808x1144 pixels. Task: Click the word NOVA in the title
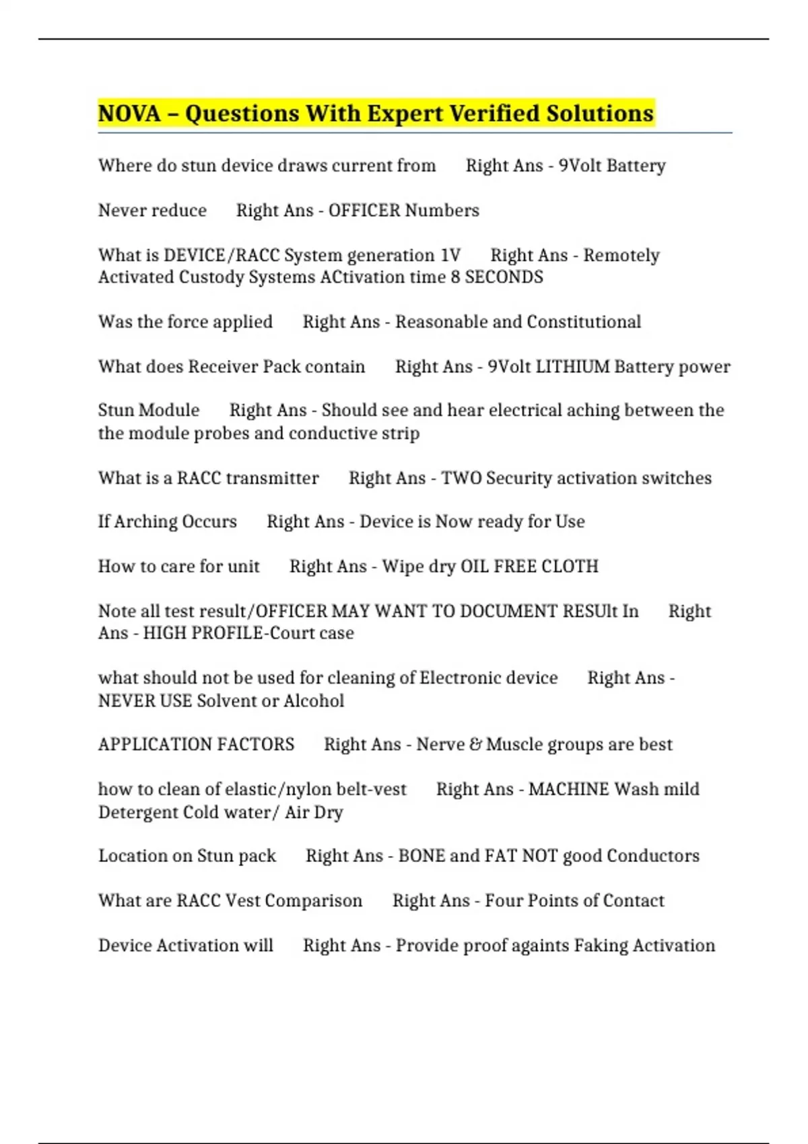coord(129,114)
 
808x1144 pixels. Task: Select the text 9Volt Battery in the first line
coord(612,166)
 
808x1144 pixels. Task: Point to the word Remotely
coord(621,256)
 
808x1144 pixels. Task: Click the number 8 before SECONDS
coord(456,277)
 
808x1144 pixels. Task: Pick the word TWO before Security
coord(461,478)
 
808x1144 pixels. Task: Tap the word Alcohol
coord(314,701)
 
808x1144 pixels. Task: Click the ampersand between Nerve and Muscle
coord(475,745)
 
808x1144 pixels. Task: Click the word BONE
coord(421,856)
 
